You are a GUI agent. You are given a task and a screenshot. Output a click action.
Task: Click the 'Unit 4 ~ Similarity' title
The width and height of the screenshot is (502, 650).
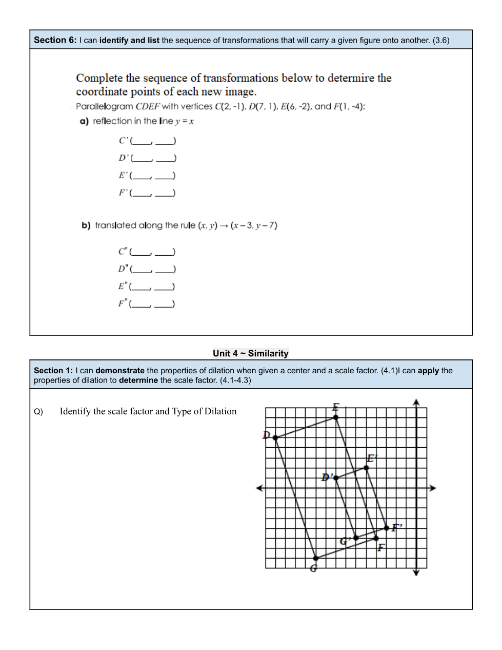point(251,353)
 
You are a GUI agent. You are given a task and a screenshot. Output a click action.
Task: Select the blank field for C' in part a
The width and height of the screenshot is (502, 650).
point(153,141)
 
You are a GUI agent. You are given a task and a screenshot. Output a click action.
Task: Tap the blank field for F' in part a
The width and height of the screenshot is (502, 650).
point(153,193)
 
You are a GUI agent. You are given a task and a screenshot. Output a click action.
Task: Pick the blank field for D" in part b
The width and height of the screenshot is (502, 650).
point(153,269)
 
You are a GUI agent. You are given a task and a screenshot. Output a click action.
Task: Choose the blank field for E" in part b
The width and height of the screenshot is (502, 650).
point(152,286)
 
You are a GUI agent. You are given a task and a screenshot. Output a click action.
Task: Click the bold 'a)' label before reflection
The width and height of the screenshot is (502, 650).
point(84,121)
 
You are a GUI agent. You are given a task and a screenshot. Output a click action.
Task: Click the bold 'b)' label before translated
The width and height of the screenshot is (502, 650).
point(86,225)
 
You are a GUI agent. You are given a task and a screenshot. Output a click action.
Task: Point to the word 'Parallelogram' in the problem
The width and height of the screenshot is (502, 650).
point(104,107)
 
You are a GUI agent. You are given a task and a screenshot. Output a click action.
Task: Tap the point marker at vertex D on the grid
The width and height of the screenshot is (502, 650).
point(275,437)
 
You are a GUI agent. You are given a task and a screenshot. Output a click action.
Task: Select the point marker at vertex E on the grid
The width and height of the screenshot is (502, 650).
point(336,417)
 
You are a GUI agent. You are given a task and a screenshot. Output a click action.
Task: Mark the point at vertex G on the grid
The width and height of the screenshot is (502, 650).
point(316,558)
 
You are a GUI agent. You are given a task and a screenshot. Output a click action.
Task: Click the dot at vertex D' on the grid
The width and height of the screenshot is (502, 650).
point(336,478)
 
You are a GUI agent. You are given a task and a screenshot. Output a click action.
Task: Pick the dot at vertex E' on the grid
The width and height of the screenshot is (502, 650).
point(366,468)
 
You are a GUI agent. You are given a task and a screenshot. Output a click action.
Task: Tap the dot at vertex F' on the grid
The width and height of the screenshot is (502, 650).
point(387,528)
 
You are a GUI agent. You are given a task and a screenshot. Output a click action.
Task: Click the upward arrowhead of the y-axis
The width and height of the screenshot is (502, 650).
point(416,402)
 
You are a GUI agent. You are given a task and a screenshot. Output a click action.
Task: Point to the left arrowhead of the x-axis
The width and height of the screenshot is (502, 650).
point(259,488)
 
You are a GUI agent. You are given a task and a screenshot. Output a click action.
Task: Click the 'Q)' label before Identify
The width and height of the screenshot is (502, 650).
point(38,412)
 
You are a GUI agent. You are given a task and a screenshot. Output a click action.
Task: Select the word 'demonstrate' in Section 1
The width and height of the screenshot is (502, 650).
point(120,371)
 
